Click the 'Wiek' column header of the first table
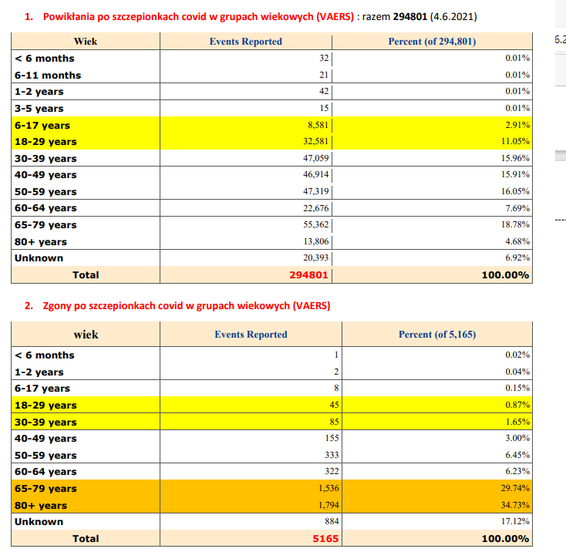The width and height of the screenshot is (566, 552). click(x=85, y=42)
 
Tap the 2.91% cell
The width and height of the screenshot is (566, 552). click(x=517, y=126)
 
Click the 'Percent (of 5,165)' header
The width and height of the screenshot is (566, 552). click(x=436, y=335)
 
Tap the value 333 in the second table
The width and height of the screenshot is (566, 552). click(x=331, y=455)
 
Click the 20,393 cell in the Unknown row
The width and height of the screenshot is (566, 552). click(x=315, y=258)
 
